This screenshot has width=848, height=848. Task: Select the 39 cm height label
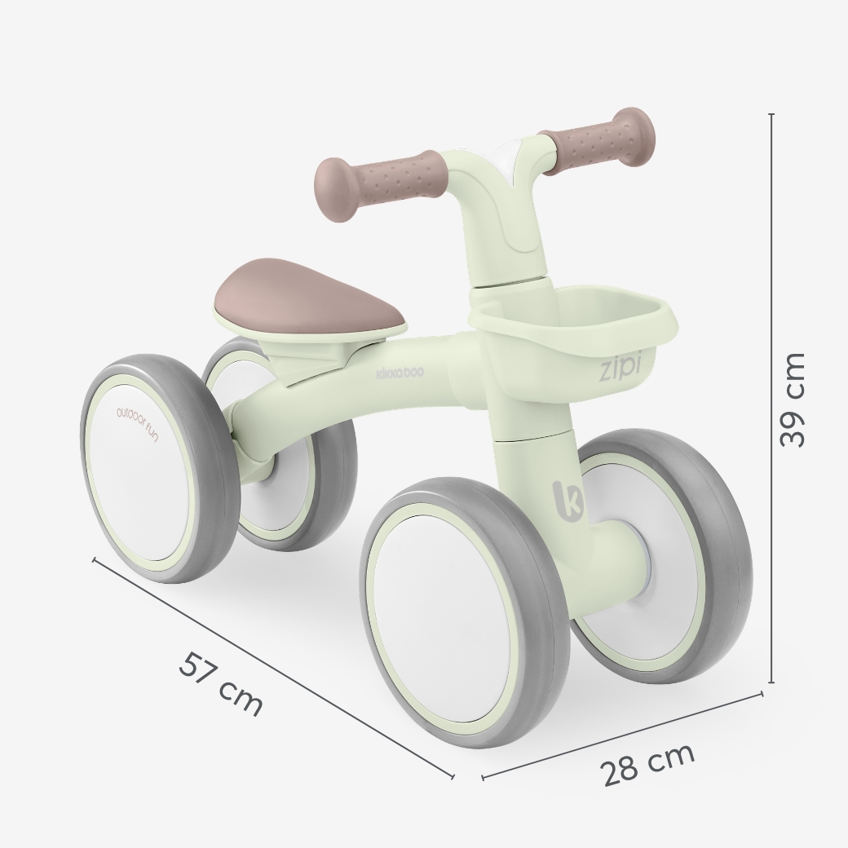coord(793,400)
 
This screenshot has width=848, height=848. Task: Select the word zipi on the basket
coord(620,369)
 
